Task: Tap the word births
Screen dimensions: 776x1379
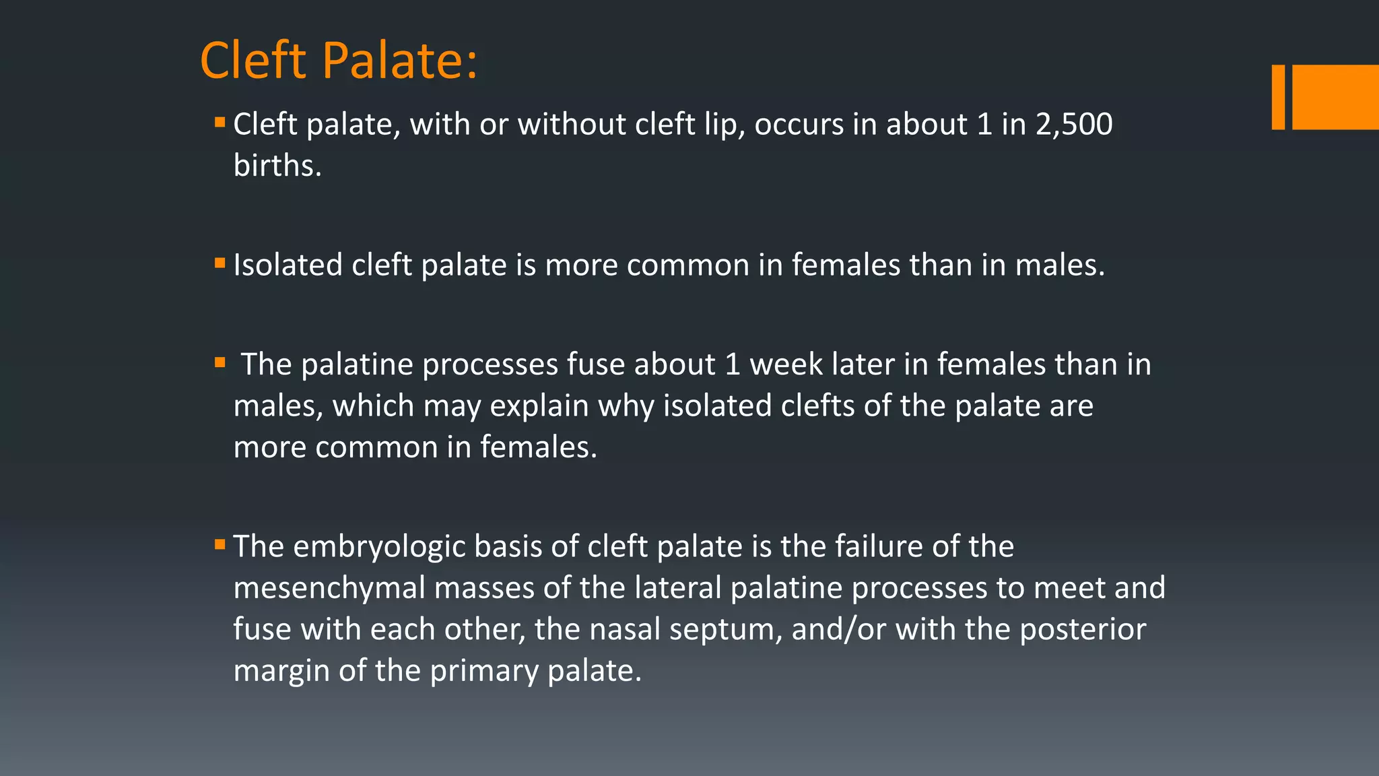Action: coord(277,166)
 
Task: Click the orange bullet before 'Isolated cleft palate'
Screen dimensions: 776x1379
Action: coord(220,263)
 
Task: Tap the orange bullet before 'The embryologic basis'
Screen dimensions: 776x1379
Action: coord(220,544)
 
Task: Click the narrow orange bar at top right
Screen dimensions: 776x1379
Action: coord(1277,97)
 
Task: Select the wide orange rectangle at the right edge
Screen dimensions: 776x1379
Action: coord(1335,97)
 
